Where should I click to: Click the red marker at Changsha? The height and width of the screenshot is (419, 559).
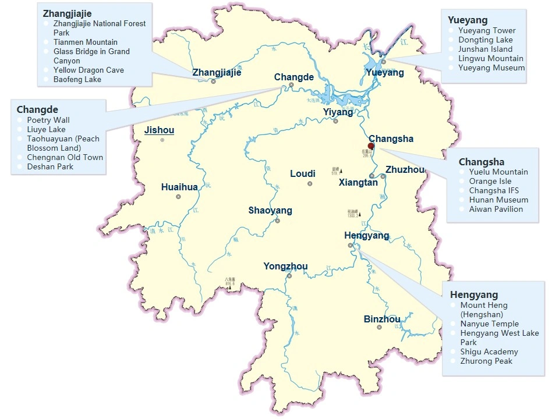(x=371, y=146)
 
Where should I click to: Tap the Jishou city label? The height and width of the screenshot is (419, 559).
(x=159, y=130)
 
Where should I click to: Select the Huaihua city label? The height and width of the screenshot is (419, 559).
(x=179, y=187)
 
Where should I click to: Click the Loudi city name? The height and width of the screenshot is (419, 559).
(x=303, y=173)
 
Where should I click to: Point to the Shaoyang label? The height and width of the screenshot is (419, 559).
(x=270, y=210)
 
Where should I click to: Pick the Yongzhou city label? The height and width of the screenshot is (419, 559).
(x=285, y=267)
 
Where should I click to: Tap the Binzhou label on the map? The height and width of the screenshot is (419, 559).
(x=382, y=319)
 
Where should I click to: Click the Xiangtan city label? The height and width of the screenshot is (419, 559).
(x=358, y=182)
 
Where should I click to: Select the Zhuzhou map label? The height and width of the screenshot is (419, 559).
(x=405, y=169)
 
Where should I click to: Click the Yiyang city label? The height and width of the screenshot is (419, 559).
(x=338, y=112)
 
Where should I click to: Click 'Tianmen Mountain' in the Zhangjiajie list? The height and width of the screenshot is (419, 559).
(x=85, y=42)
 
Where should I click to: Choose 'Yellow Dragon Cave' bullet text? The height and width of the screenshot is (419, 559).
(x=88, y=70)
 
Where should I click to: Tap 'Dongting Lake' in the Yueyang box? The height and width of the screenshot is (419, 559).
(x=485, y=40)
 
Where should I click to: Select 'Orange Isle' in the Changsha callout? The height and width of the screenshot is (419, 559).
(x=490, y=181)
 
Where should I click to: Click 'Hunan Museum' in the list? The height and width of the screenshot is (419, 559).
(x=498, y=200)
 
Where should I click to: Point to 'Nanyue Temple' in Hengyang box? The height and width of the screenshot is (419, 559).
(x=489, y=324)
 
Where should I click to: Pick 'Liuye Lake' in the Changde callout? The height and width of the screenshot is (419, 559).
(x=46, y=129)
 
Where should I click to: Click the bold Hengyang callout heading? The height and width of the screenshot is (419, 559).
(x=473, y=294)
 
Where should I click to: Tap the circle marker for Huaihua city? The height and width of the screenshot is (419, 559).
(x=178, y=197)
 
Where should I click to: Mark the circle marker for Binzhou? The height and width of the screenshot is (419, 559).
(x=379, y=328)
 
